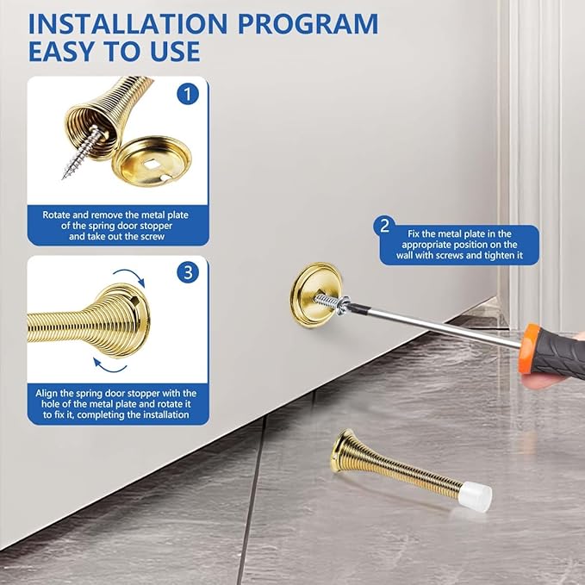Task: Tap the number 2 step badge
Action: [384, 226]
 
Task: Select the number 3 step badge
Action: [188, 272]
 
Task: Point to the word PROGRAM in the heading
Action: [308, 24]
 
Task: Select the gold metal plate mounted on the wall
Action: [315, 293]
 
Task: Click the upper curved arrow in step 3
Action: [129, 276]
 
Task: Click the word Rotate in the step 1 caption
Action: [56, 215]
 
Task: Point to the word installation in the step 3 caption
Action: [163, 415]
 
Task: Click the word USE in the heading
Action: [176, 51]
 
